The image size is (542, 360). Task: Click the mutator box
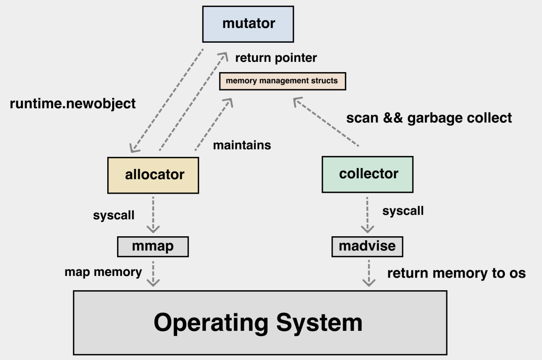(x=248, y=24)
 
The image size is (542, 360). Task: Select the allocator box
(x=153, y=175)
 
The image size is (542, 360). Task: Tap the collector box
(x=368, y=174)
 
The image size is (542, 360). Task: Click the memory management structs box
(x=282, y=81)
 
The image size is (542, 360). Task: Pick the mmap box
(x=153, y=247)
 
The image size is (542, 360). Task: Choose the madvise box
(x=367, y=247)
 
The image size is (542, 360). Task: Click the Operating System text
(x=258, y=323)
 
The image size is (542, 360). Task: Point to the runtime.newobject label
(x=73, y=104)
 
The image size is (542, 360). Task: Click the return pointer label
(x=276, y=58)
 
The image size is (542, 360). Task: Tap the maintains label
(x=242, y=145)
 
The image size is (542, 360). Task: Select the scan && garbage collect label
(x=429, y=118)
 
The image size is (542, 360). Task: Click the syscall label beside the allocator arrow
(x=113, y=215)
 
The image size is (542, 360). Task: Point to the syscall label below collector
(x=403, y=211)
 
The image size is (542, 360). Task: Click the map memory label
(x=103, y=272)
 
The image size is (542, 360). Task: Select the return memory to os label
(x=456, y=273)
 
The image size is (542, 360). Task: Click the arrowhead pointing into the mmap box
(x=153, y=229)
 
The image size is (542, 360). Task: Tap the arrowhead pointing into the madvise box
(x=368, y=229)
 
